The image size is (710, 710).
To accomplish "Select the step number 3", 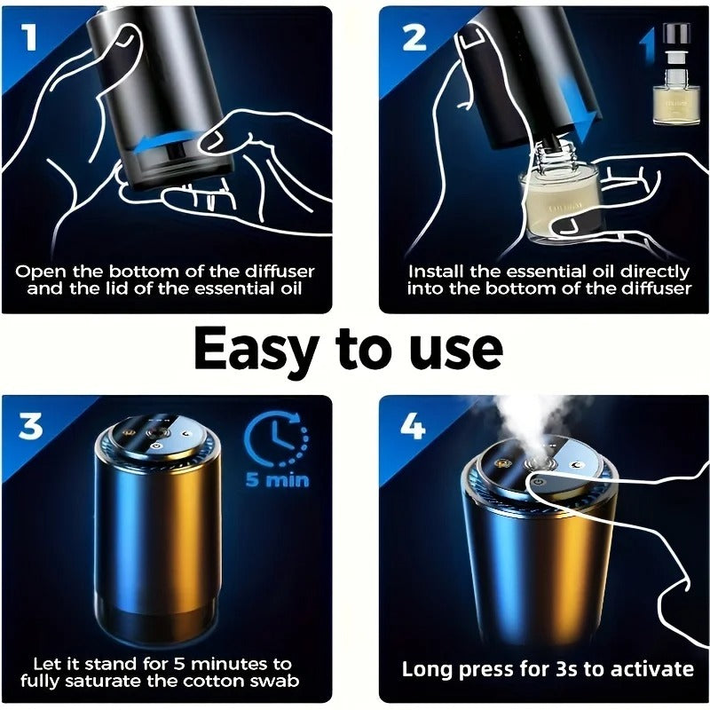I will pos(30,426).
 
